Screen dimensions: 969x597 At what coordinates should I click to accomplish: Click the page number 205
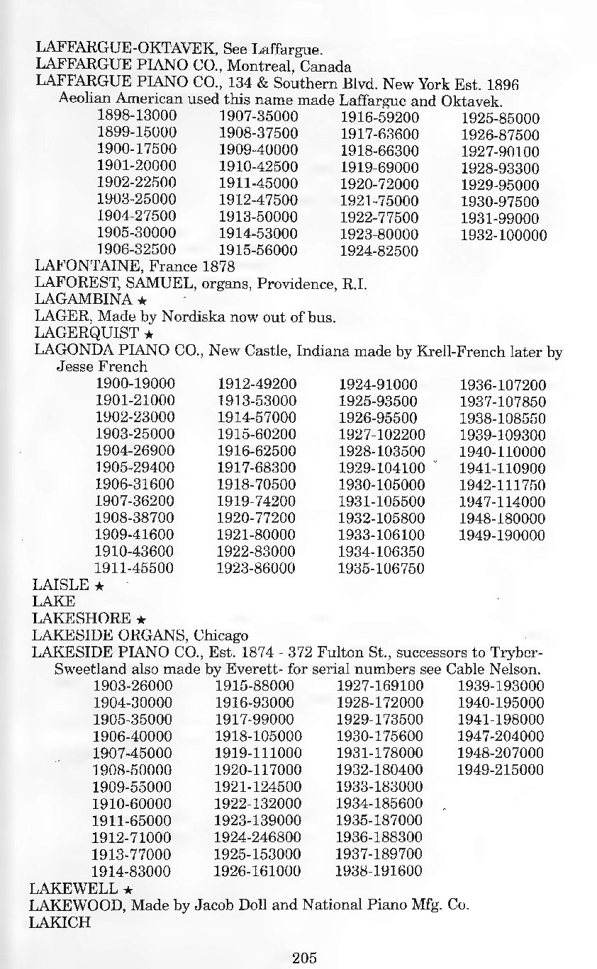(303, 958)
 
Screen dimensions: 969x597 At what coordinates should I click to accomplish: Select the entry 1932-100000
(503, 234)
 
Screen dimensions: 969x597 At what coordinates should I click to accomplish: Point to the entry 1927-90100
(500, 152)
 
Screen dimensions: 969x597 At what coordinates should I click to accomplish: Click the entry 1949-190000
(502, 535)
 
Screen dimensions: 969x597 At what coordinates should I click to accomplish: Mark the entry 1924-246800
(258, 837)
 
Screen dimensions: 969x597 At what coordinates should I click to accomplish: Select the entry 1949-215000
(501, 770)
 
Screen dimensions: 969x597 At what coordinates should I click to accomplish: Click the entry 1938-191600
(379, 871)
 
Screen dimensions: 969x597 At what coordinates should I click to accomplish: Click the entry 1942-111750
(502, 484)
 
